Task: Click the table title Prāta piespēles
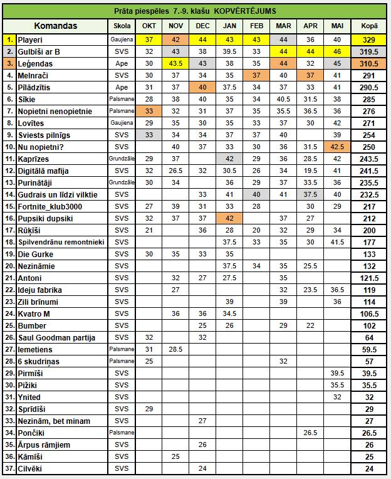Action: coord(196,11)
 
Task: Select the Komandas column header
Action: coord(56,26)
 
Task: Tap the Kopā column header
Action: coord(369,26)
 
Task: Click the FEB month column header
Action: coord(256,26)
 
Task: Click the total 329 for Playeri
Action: coord(369,39)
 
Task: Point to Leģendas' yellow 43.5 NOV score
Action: coord(176,63)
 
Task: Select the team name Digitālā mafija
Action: coord(44,171)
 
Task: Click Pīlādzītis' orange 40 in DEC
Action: coord(203,87)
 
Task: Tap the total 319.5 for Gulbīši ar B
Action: coord(369,51)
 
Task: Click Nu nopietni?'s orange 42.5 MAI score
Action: coord(337,147)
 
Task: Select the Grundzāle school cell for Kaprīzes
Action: coord(122,159)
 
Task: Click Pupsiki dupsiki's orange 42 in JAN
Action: coord(229,218)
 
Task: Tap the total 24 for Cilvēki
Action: coord(369,468)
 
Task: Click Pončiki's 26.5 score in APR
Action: coord(310,433)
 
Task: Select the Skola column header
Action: coord(122,26)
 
